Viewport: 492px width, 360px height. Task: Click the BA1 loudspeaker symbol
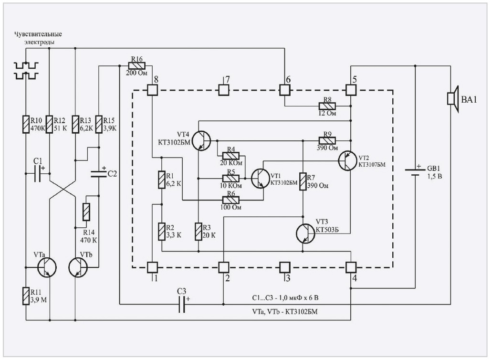tap(452, 99)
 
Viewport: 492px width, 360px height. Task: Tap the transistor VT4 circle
tap(203, 141)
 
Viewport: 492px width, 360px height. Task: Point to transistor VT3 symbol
tap(306, 233)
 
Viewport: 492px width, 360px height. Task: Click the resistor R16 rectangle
tap(137, 65)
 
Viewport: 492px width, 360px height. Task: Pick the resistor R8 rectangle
tap(328, 106)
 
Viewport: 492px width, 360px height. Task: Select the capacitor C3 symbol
tap(182, 304)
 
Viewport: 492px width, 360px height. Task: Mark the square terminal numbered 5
tap(351, 90)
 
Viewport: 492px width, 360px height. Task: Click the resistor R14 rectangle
tap(86, 212)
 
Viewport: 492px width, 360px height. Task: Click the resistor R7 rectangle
tap(303, 181)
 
